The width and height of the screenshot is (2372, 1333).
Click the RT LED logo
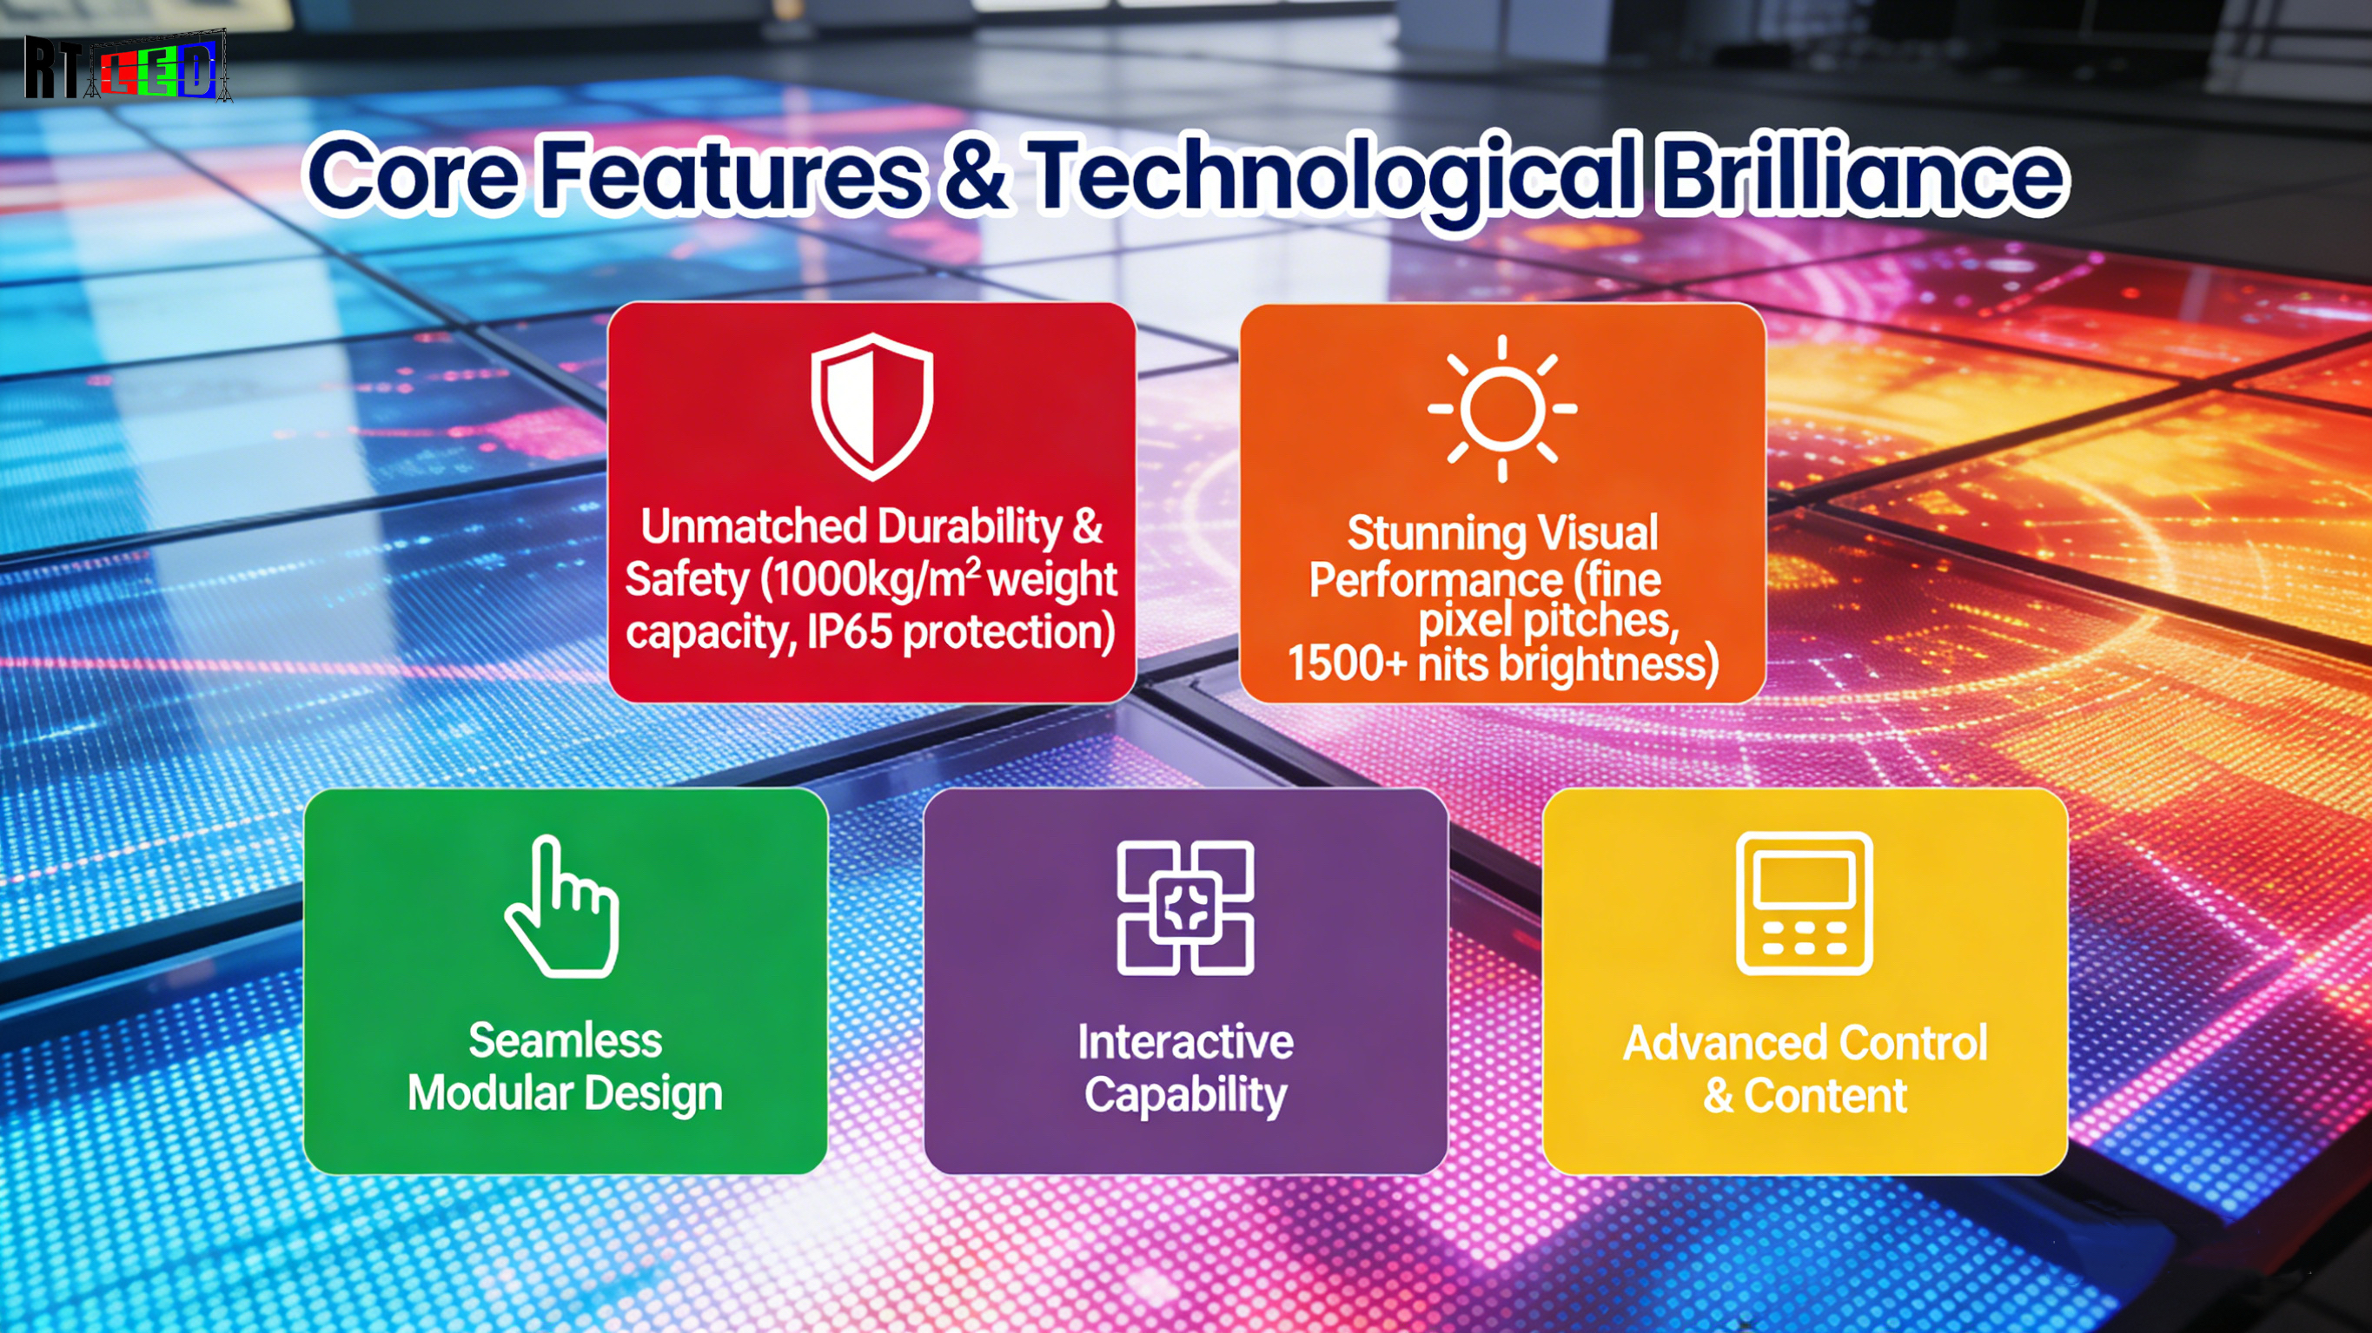click(127, 65)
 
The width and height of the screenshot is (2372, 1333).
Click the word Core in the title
click(413, 174)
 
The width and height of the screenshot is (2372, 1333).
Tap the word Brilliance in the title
click(1862, 172)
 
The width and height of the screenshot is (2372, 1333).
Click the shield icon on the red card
click(872, 406)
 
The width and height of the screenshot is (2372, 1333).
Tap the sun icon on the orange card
click(1502, 408)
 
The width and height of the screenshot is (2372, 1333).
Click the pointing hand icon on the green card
click(561, 906)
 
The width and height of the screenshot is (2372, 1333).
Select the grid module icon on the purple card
click(1185, 907)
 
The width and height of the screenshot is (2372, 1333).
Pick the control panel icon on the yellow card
click(1804, 903)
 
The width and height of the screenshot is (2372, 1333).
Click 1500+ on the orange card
click(1347, 662)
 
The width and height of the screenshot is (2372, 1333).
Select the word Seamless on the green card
click(566, 1040)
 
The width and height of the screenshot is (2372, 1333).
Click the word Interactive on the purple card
click(1186, 1041)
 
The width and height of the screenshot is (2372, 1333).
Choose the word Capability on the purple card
click(1186, 1095)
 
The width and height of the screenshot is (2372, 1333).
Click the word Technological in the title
click(1335, 175)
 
